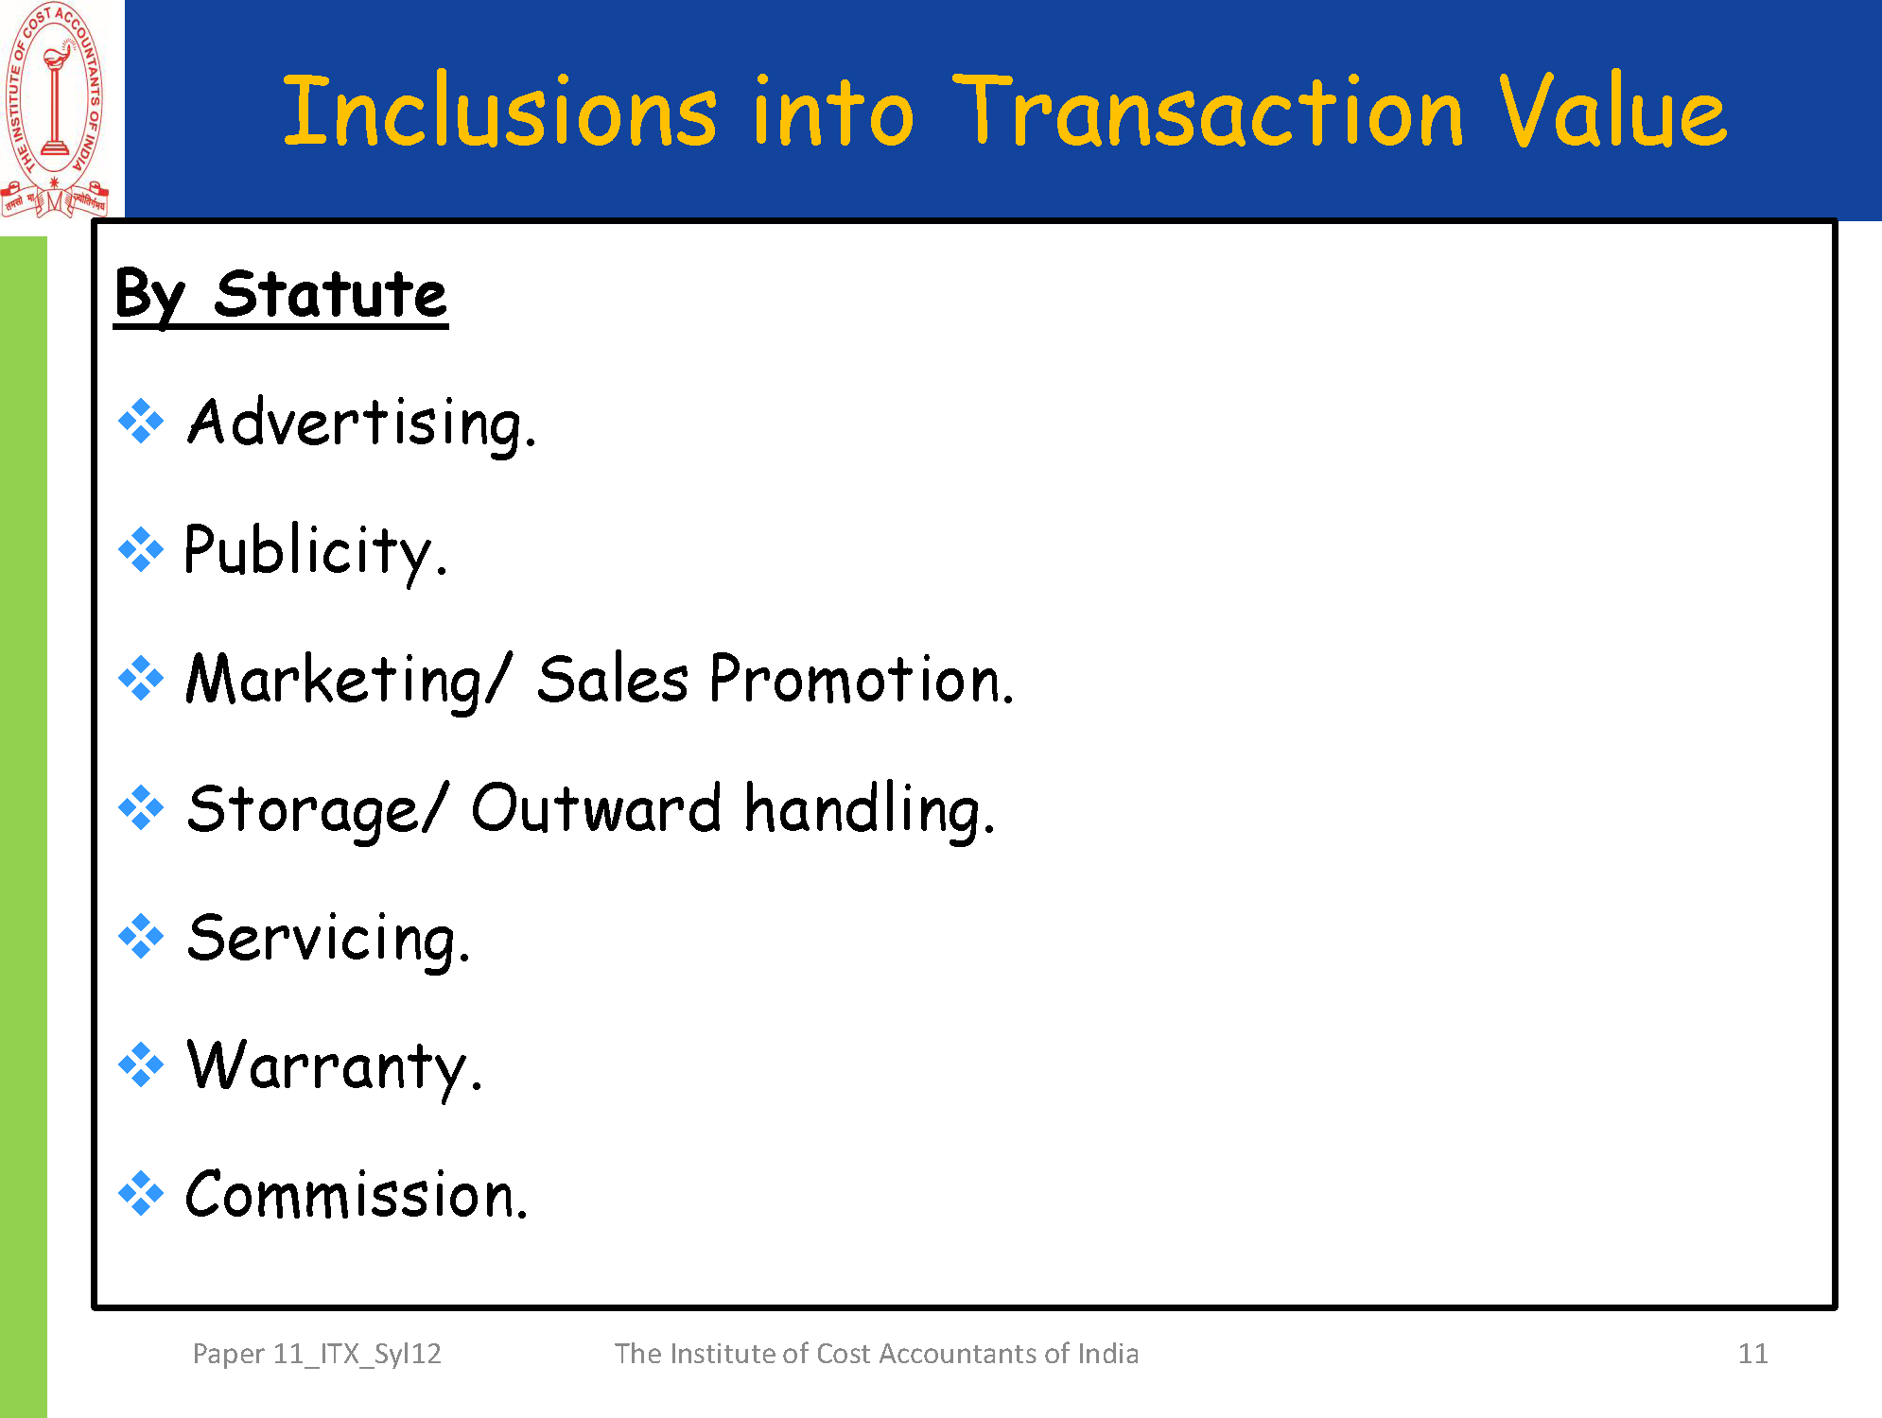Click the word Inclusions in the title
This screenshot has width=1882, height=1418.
point(500,111)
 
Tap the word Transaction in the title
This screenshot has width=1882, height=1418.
point(1209,111)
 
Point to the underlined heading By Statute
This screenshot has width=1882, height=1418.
point(281,296)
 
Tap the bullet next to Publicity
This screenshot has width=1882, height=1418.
point(141,549)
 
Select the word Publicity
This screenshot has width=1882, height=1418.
point(315,551)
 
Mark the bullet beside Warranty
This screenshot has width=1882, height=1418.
point(141,1065)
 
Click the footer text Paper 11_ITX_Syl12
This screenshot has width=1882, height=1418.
point(317,1354)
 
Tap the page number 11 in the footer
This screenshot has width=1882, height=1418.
point(1752,1354)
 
